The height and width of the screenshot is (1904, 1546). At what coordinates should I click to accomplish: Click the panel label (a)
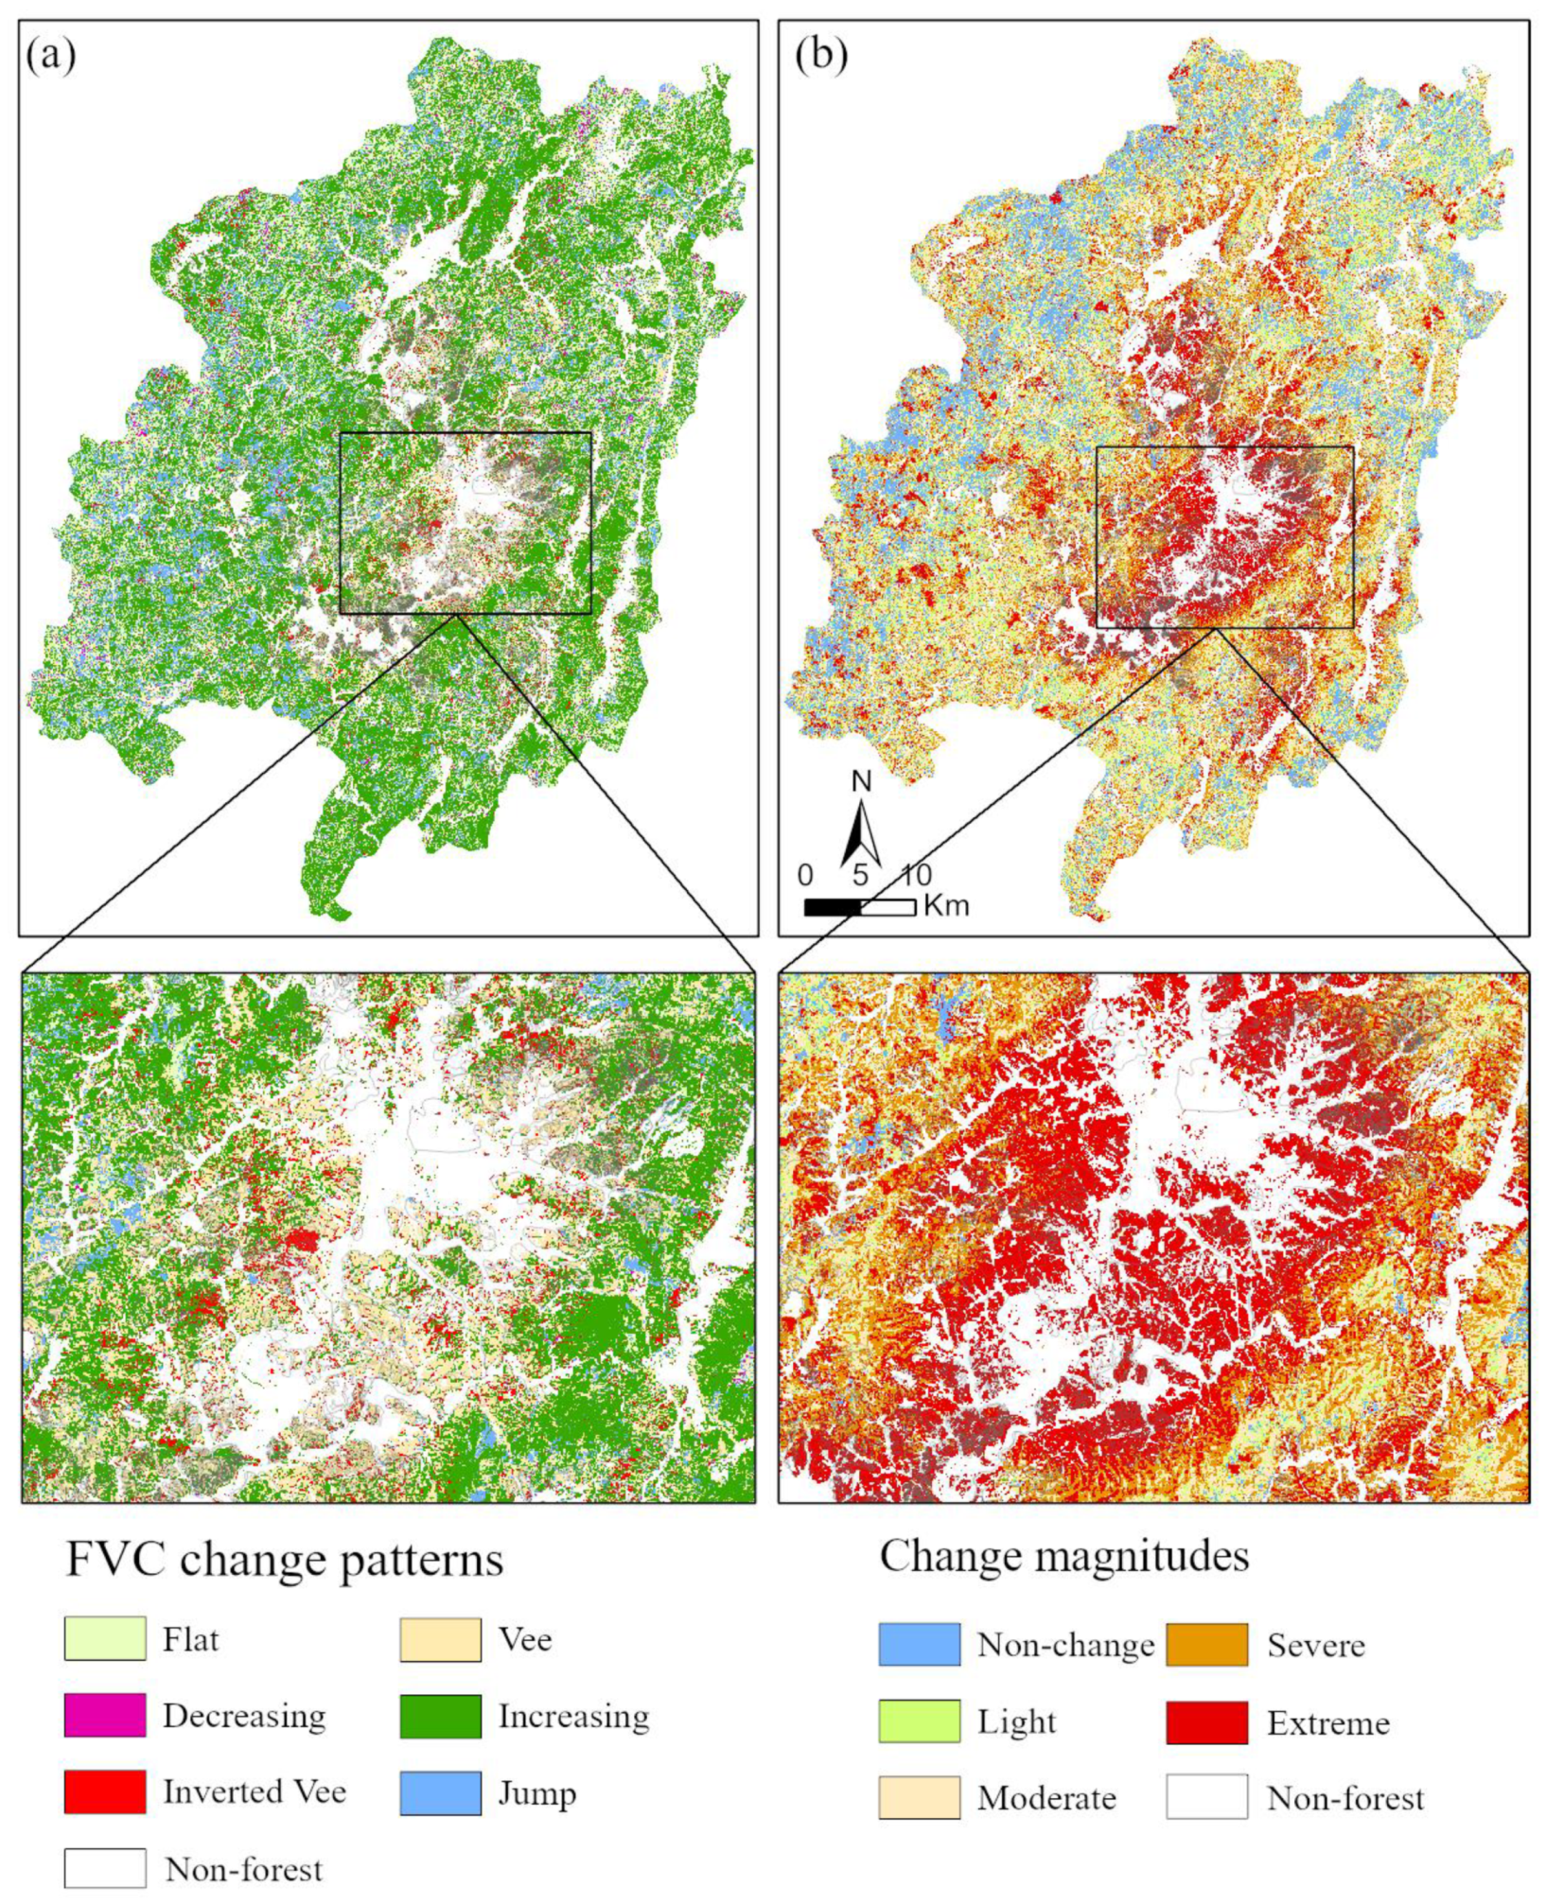(51, 57)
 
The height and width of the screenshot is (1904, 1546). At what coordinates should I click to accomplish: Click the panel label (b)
(821, 57)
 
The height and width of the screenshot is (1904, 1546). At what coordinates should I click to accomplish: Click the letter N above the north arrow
(861, 781)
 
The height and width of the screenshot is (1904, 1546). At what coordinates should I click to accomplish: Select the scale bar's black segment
(833, 907)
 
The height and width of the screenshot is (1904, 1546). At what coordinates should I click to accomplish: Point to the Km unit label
(946, 906)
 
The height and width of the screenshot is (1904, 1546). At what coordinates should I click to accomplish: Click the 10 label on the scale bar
(915, 875)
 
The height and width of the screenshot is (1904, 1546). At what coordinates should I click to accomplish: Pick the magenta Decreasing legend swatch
(105, 1716)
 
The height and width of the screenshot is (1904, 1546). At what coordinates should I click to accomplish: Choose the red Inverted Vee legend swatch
(105, 1792)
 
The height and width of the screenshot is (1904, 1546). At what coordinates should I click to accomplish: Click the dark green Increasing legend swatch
(440, 1716)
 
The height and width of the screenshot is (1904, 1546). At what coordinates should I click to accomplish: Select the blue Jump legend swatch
(440, 1793)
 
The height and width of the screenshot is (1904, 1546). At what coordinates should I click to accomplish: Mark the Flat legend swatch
(105, 1639)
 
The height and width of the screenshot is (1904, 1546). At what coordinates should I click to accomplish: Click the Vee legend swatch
(440, 1639)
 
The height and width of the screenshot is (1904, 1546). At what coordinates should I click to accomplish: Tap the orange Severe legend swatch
(1206, 1645)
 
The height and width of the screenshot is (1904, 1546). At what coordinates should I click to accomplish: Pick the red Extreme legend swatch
(1206, 1722)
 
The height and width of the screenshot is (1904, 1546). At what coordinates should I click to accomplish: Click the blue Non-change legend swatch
(919, 1645)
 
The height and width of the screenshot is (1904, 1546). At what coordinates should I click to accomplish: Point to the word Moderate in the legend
(1046, 1798)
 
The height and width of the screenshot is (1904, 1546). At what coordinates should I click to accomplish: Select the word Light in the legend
(1016, 1722)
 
